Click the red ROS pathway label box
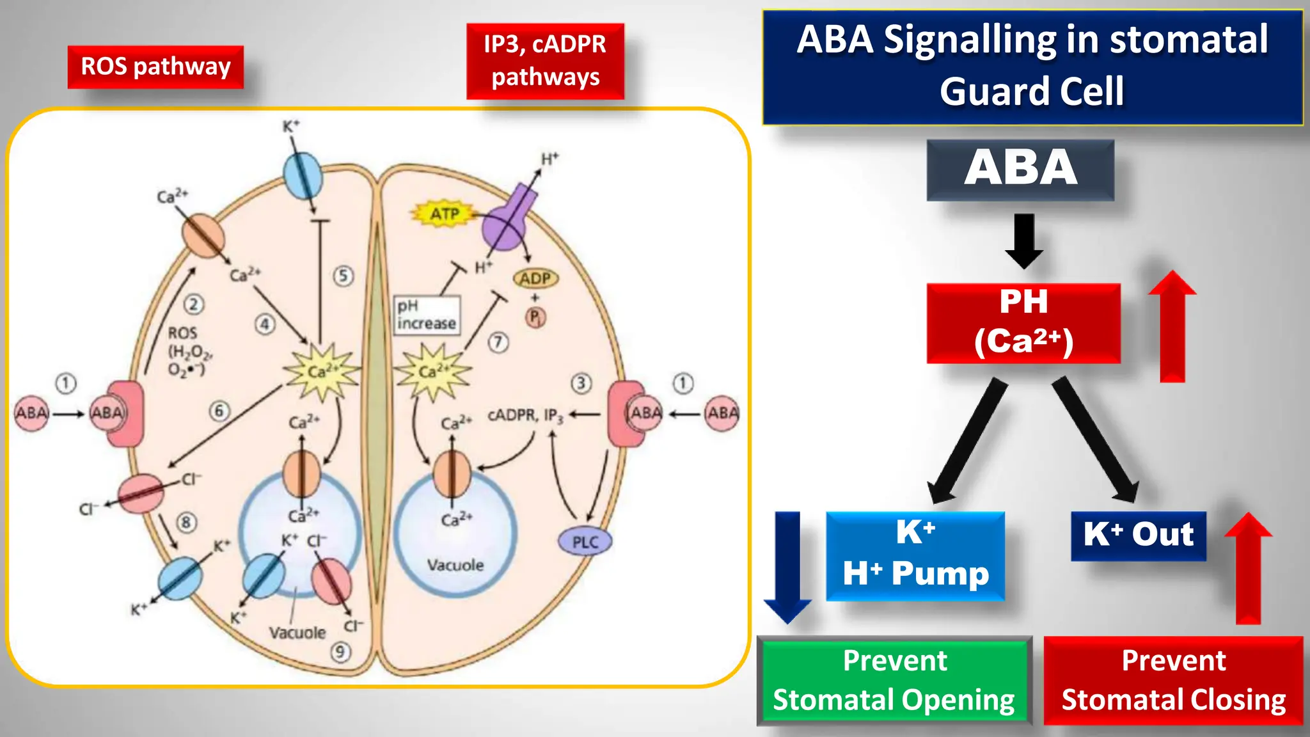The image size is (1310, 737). pos(155,67)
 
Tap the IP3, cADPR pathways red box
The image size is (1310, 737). pos(545,61)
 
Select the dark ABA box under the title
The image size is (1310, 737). pos(1020,170)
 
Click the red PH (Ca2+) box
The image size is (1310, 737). pos(1023,323)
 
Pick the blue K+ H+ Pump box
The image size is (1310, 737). pos(915,555)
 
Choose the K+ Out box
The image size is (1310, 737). pos(1139,535)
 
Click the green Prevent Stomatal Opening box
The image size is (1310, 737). pos(894,681)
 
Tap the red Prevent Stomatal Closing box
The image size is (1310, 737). pos(1173,681)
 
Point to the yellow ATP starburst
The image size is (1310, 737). pos(445,214)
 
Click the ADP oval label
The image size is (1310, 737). pos(535,279)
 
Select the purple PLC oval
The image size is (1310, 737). pos(585,542)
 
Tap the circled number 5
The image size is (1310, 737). pos(343,276)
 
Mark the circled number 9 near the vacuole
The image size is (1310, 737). pos(340,652)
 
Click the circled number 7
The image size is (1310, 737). pos(498,342)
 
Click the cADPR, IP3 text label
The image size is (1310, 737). pos(525,415)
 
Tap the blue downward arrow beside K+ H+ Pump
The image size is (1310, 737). pos(787,566)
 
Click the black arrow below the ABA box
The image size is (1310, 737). pos(1024,241)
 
